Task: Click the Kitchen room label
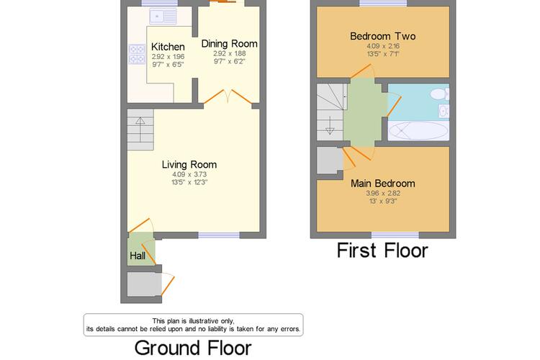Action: coord(168,47)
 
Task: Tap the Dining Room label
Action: coord(230,44)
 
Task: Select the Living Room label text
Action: coord(189,165)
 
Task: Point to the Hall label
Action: coord(138,256)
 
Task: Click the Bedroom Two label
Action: coord(382,36)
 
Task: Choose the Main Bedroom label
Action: coord(382,184)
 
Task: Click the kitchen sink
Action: coord(163,16)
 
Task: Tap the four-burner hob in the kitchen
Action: coord(137,55)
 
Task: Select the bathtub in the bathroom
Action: coord(418,130)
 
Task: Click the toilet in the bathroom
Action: coord(440,94)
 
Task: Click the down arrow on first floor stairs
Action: coord(330,126)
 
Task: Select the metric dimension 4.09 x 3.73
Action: coord(189,174)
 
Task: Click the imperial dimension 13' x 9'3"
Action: coord(382,201)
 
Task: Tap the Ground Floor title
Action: coord(193,348)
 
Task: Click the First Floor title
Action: coord(382,251)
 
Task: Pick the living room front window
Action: coord(219,235)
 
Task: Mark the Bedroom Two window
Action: coord(383,3)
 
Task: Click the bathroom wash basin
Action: coord(444,111)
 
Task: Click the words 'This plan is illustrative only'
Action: coord(193,321)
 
